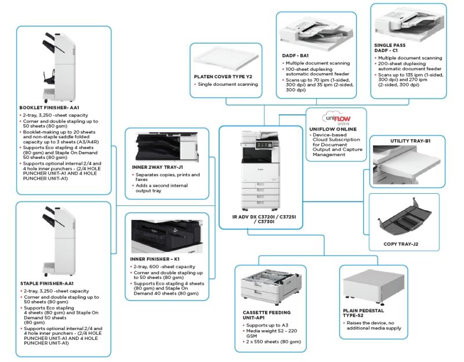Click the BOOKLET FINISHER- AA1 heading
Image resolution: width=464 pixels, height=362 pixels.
point(49,107)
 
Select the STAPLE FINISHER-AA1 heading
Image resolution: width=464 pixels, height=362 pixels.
point(47,283)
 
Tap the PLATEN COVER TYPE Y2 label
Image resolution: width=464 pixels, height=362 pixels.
point(223,77)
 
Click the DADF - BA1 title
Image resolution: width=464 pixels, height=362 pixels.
point(296,56)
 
